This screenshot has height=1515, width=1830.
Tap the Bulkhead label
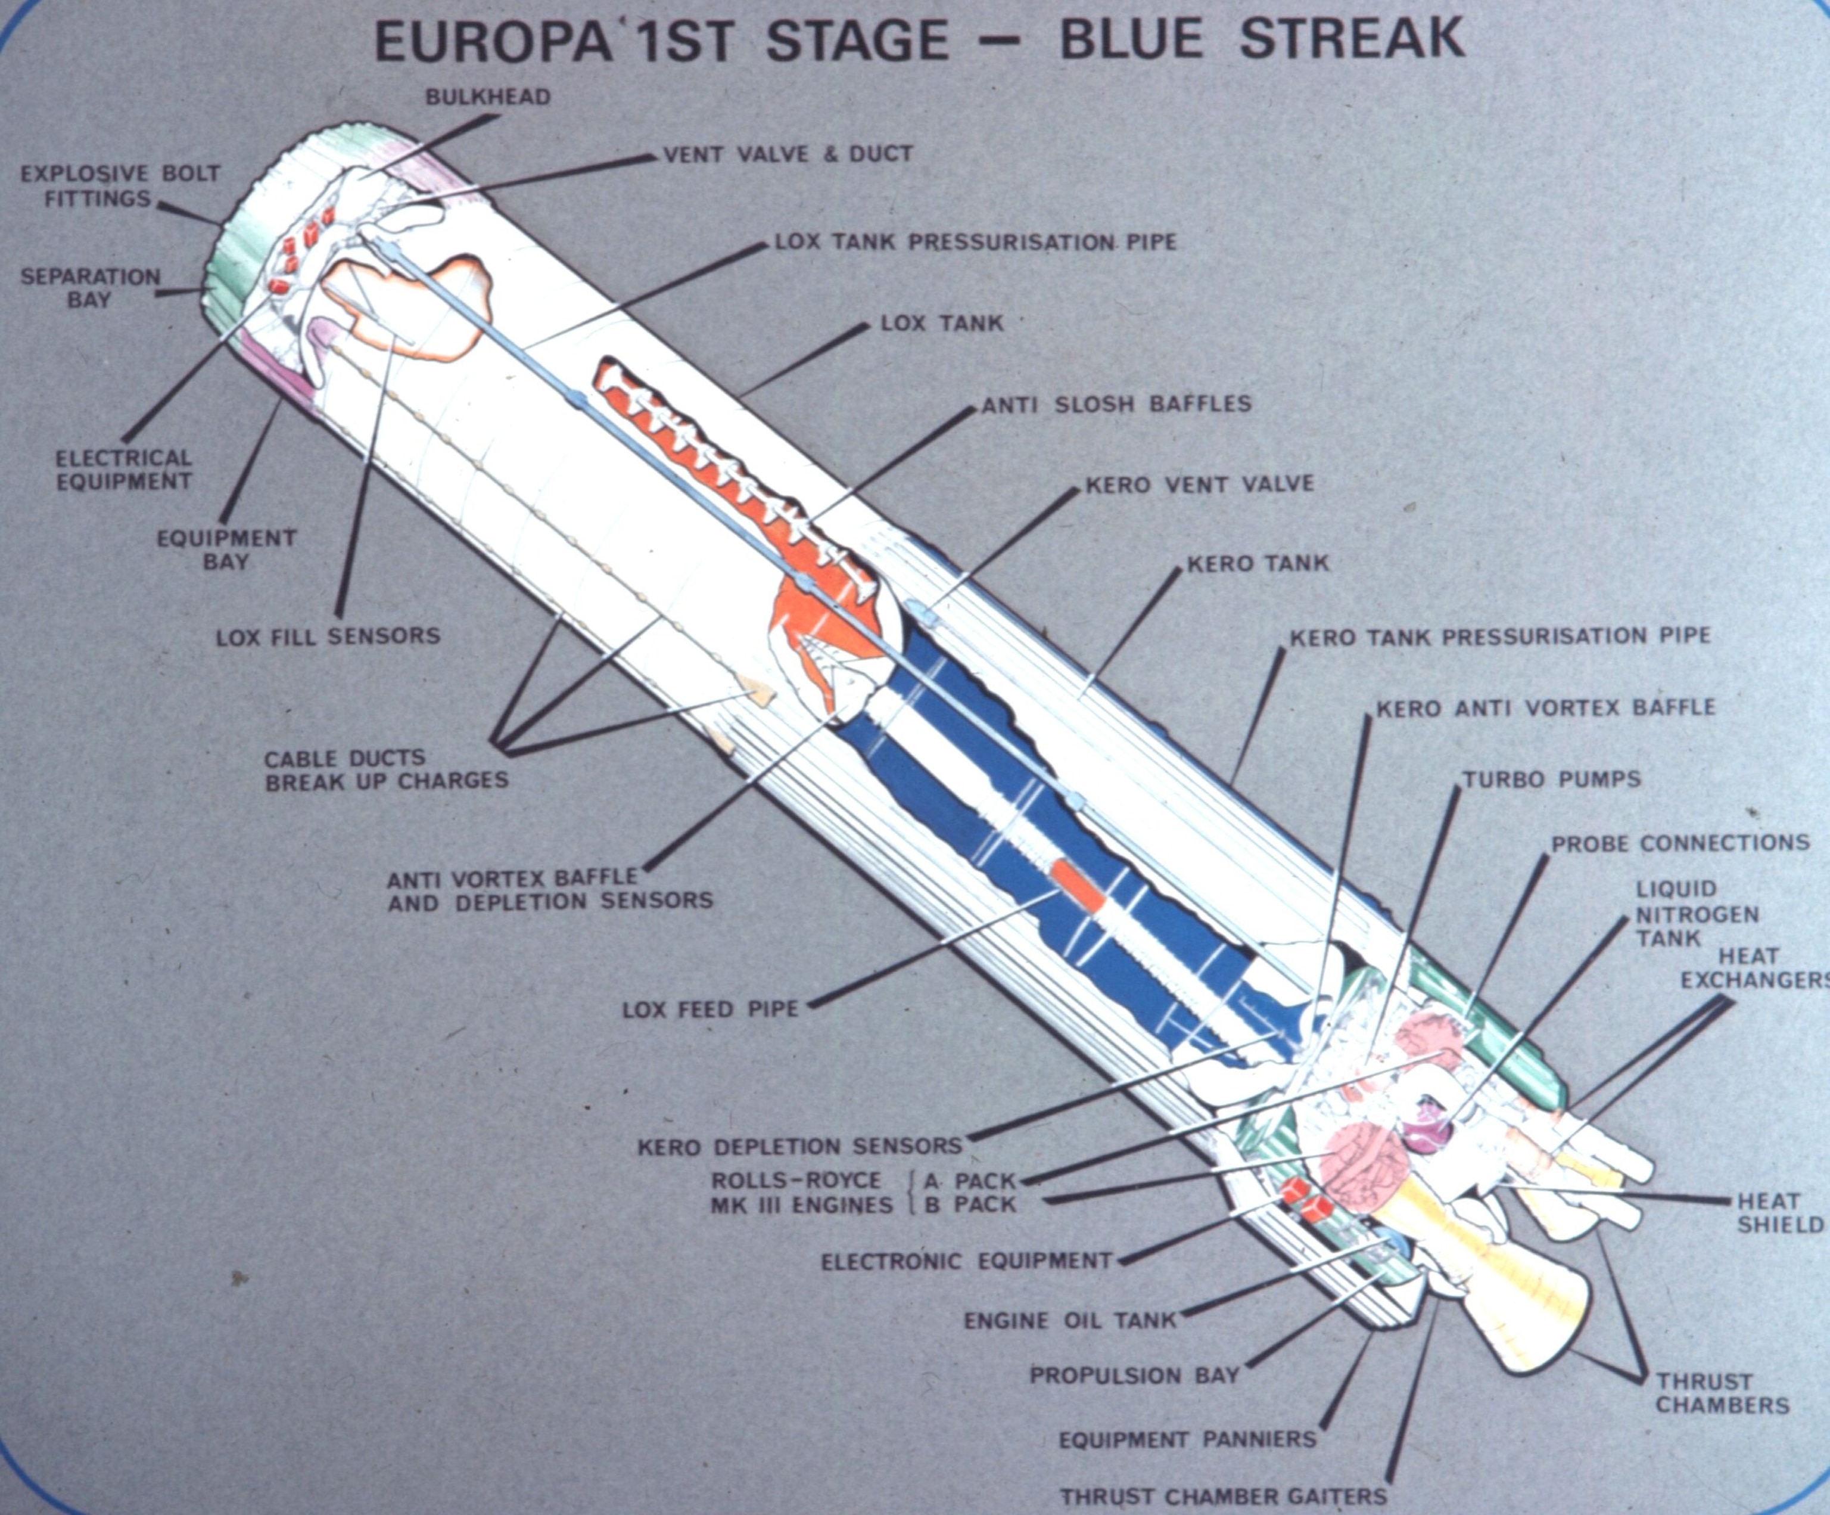point(488,97)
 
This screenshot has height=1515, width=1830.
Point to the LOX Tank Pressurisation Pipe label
point(976,241)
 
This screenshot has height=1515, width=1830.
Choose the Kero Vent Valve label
point(1199,484)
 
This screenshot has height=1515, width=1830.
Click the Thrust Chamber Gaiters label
point(1222,1497)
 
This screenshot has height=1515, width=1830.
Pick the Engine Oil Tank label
point(1070,1321)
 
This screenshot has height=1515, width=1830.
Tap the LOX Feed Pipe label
point(710,1010)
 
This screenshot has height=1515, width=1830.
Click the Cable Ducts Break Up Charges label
point(386,769)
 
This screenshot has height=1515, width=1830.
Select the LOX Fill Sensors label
point(328,637)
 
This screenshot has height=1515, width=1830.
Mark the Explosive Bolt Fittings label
point(120,186)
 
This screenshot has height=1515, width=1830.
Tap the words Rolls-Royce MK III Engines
point(802,1193)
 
